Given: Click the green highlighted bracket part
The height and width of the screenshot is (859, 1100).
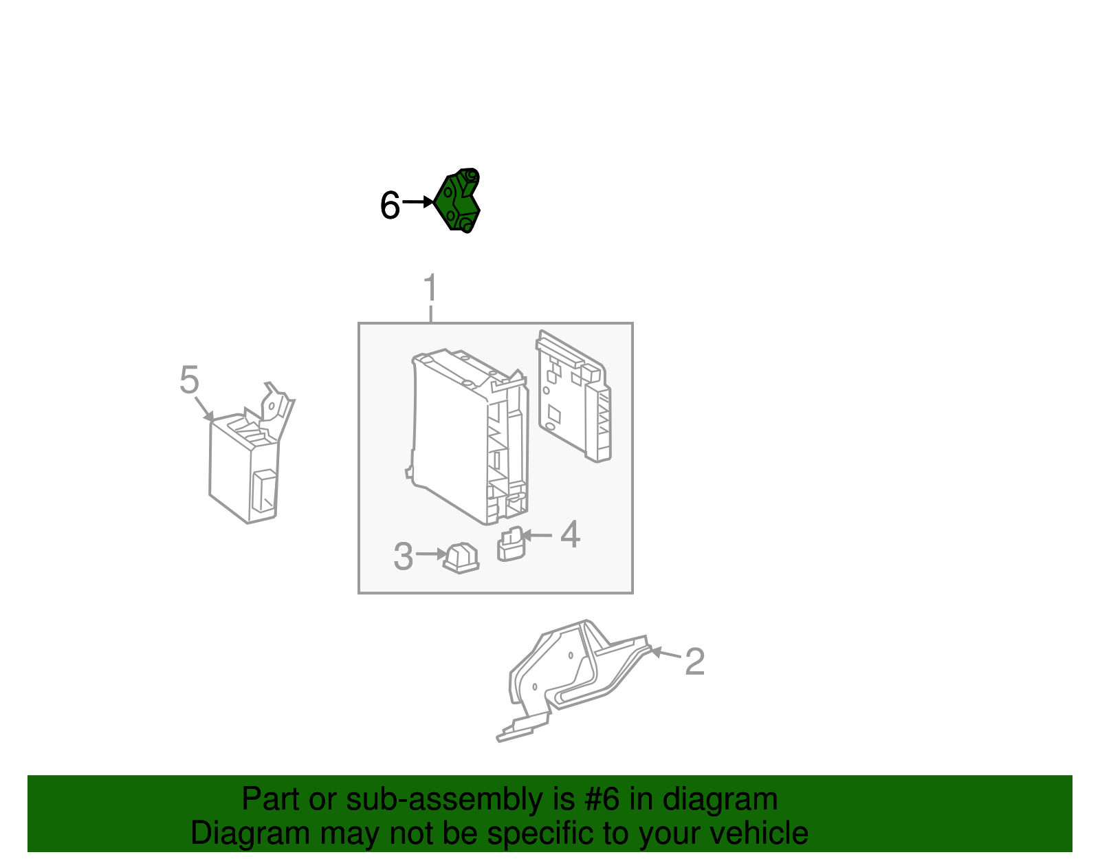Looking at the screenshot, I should pos(458,201).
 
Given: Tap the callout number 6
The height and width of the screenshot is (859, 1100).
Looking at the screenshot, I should pos(390,206).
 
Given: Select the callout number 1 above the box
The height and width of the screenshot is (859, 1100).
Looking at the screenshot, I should pos(430,288).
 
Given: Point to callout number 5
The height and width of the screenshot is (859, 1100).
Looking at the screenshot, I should pos(189,380).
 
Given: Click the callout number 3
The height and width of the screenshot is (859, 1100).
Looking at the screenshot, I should pos(403,556).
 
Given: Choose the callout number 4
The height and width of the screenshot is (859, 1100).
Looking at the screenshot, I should pos(570,534).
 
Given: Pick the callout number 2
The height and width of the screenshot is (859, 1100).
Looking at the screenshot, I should pos(694,661).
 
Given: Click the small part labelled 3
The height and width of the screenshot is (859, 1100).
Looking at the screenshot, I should pos(461,557).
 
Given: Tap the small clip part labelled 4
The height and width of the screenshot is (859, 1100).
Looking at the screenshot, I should pos(510,545).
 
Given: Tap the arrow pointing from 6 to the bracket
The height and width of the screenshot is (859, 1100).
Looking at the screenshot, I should pos(417,202).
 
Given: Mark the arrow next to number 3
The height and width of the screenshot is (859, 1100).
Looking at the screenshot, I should pos(431,554).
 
